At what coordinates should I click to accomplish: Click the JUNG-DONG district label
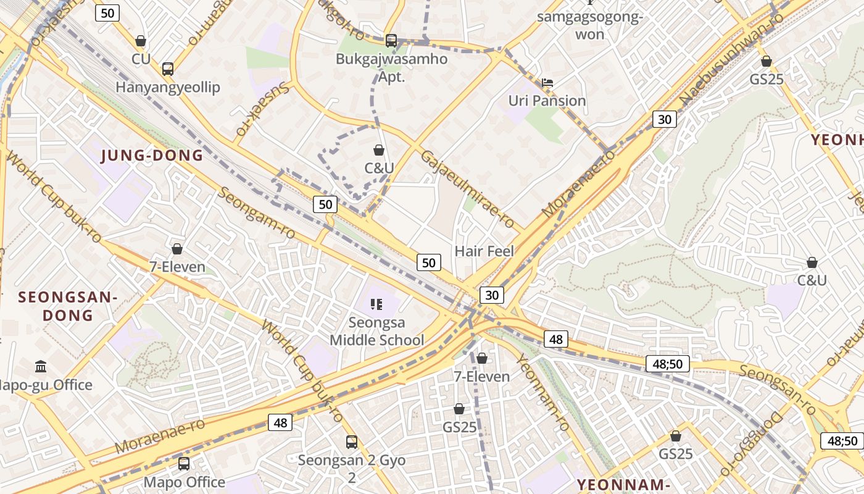coord(152,156)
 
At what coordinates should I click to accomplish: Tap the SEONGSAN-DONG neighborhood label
coord(67,306)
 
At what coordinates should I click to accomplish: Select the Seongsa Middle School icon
coord(376,304)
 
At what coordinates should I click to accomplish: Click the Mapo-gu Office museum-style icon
coord(41,367)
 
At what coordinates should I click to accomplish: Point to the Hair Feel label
coord(484,251)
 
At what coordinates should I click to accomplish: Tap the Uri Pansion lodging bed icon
coord(547,82)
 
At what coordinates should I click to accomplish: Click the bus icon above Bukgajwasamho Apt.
coord(391,41)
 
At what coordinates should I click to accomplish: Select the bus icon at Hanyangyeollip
coord(167,69)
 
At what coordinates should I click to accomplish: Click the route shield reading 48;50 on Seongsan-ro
coord(667,364)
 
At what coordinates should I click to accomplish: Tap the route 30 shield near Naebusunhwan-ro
coord(664,119)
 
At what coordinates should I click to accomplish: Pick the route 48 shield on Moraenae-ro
coord(280,422)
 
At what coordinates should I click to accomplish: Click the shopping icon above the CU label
coord(141,41)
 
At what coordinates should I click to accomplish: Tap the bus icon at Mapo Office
coord(184,463)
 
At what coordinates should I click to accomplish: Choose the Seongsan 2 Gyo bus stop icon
coord(351,442)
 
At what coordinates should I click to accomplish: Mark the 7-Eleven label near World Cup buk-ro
coord(177,267)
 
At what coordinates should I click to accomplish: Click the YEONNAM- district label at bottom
coord(623,484)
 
